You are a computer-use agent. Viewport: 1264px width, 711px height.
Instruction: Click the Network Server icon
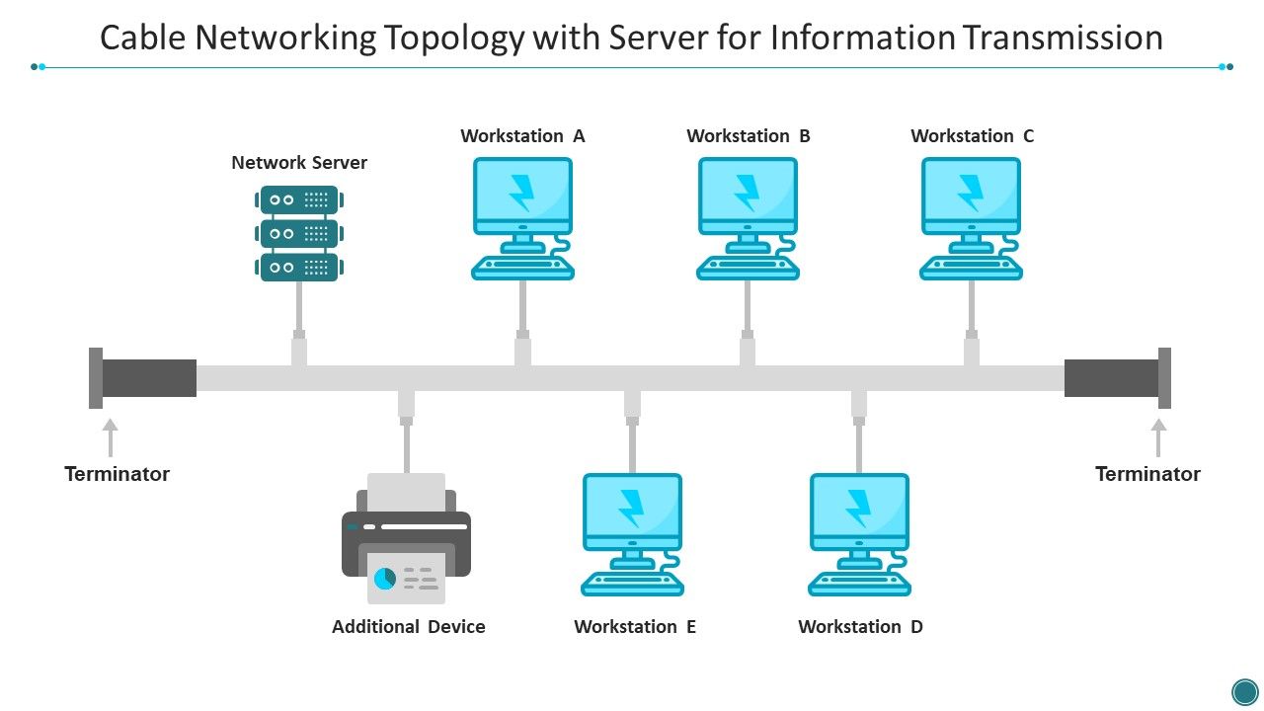click(x=299, y=233)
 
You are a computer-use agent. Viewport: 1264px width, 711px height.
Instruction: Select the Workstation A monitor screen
click(x=522, y=192)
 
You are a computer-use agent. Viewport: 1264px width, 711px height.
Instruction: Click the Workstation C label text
click(x=972, y=136)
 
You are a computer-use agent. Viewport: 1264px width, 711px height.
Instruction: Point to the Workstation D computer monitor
click(x=859, y=509)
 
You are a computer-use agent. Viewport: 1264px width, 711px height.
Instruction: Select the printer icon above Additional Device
click(x=406, y=538)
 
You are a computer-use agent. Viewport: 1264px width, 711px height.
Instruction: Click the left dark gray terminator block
click(x=148, y=378)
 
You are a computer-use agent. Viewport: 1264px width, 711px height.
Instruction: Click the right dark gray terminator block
click(x=1112, y=378)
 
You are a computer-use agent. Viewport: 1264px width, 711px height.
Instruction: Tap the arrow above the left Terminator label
click(x=110, y=437)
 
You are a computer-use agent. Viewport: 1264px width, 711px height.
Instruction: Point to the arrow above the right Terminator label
click(x=1158, y=437)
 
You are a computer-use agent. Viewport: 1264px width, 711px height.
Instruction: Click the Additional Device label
click(x=408, y=627)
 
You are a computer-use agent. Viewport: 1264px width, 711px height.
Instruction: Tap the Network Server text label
click(x=299, y=163)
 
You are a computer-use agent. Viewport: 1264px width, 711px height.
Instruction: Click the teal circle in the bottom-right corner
click(x=1245, y=690)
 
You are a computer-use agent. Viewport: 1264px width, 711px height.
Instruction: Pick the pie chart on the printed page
click(x=385, y=579)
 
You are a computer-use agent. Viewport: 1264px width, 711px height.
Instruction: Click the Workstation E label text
click(x=635, y=627)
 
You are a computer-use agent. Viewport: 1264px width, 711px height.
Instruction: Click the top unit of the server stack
click(x=299, y=199)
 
